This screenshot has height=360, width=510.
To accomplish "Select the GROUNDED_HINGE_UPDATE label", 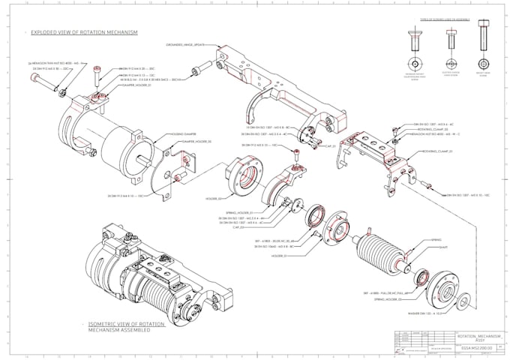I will tap(185, 45).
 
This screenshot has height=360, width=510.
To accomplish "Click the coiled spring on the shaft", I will tap(382, 250).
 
